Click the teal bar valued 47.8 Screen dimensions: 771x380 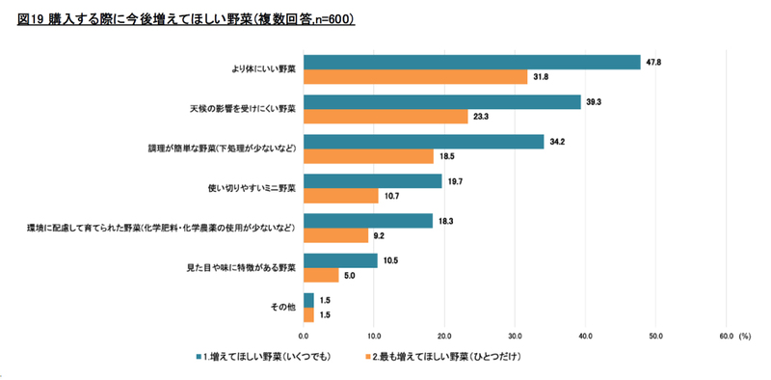472,63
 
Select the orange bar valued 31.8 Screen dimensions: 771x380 415,77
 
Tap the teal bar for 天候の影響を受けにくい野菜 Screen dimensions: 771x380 442,102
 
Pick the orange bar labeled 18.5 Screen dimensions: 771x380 369,156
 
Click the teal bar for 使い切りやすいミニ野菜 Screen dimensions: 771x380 373,181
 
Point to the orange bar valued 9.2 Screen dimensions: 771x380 335,235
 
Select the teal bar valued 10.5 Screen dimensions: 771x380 341,260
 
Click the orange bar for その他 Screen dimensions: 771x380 308,314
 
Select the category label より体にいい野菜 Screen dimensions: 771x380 263,69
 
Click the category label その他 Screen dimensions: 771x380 283,307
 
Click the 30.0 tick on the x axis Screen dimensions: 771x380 515,336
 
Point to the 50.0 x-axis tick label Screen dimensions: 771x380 655,336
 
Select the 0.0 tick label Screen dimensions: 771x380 304,336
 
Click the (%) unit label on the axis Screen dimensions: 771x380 744,336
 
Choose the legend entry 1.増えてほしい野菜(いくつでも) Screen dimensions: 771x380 262,357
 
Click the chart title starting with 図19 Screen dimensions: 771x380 186,19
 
